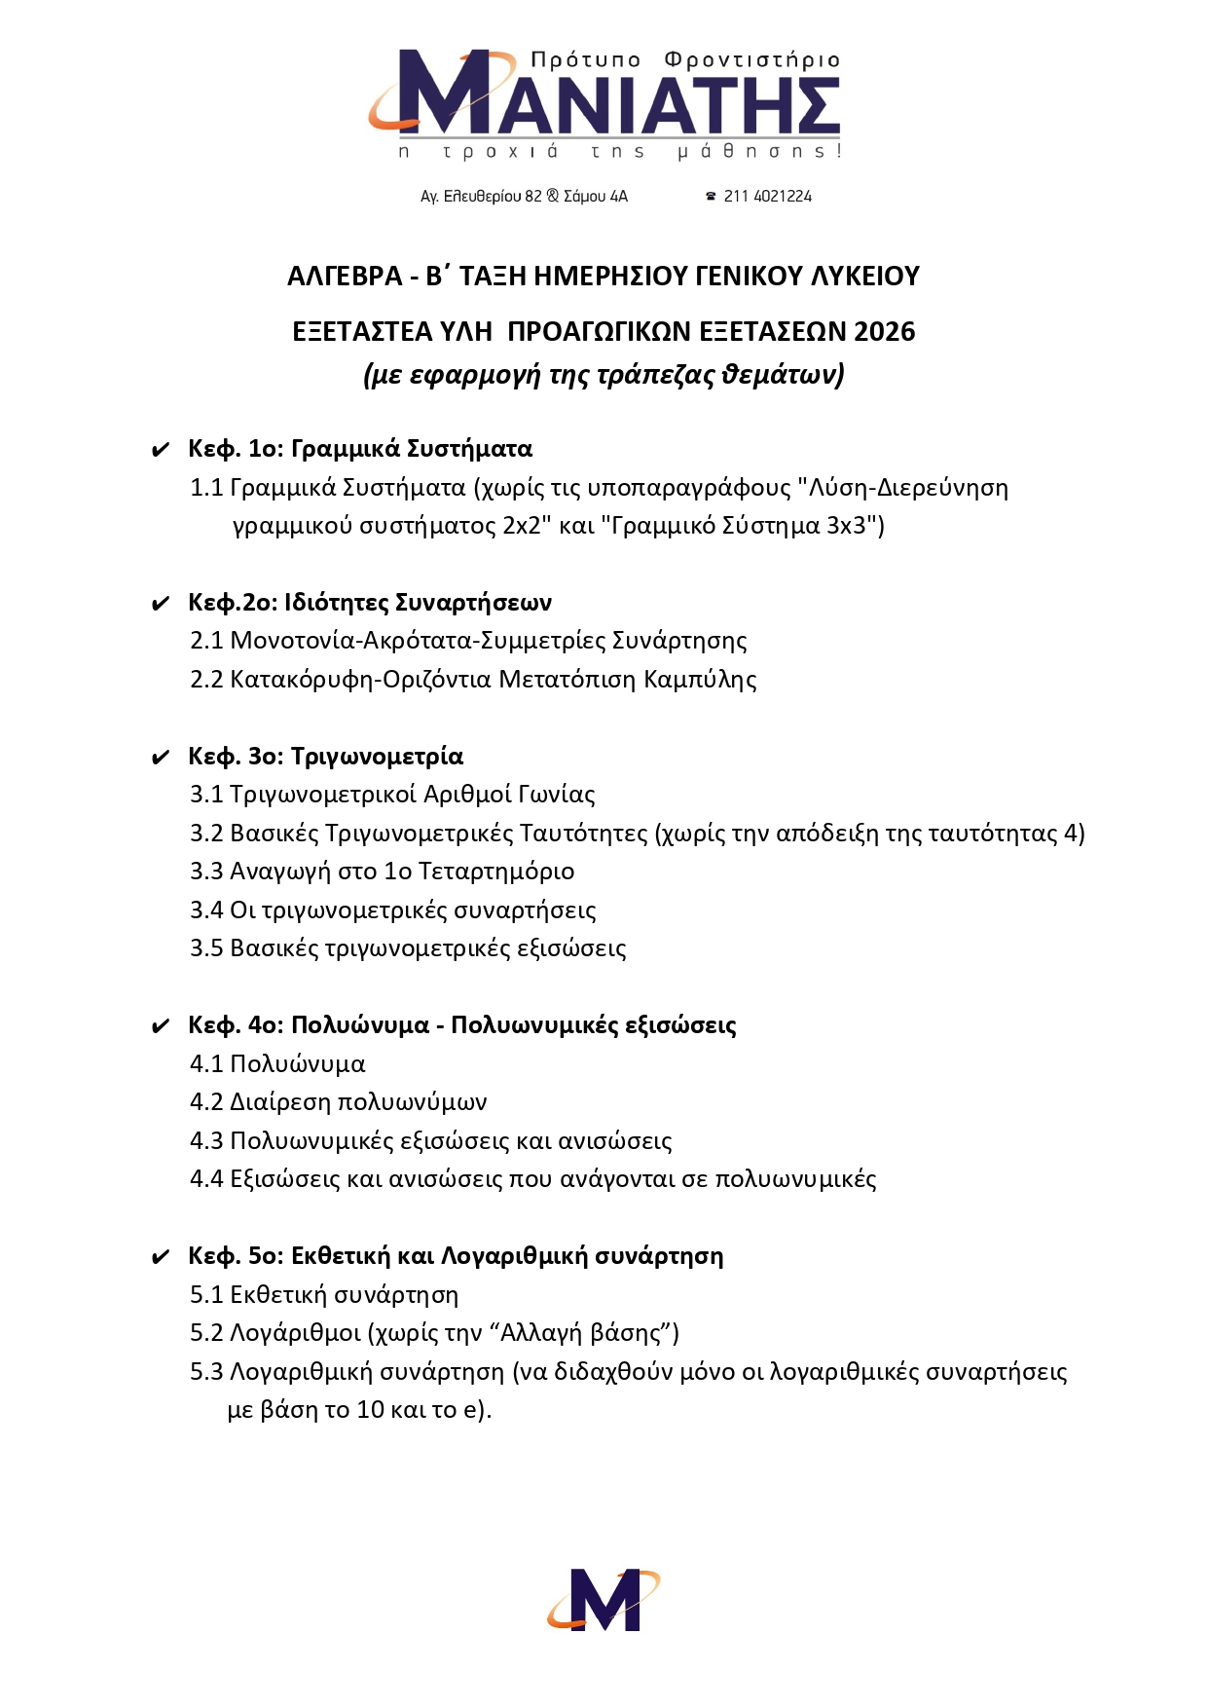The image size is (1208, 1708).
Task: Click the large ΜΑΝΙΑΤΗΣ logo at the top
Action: coord(604,95)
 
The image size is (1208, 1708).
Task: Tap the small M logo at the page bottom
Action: coord(604,1599)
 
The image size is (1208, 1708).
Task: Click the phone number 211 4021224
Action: coord(767,197)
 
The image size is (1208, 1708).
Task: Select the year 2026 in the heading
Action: coord(884,332)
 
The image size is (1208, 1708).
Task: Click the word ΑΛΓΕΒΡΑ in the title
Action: coord(345,277)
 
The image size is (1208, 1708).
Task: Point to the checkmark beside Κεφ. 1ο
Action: coord(161,451)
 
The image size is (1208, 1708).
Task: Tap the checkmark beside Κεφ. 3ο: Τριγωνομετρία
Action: coord(161,759)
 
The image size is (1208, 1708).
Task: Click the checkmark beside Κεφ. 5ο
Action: coord(161,1258)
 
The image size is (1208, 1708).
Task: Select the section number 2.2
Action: coord(206,680)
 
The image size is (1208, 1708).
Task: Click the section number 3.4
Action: coord(206,910)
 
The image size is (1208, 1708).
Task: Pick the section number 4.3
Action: coord(206,1141)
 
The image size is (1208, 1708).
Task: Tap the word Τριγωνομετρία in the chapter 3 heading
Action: coord(377,757)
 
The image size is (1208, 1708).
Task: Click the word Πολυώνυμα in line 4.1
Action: coord(297,1064)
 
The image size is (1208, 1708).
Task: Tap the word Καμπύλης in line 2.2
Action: coord(700,680)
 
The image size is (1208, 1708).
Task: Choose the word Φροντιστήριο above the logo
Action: coord(751,60)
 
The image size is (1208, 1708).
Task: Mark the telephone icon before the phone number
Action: coord(711,197)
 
